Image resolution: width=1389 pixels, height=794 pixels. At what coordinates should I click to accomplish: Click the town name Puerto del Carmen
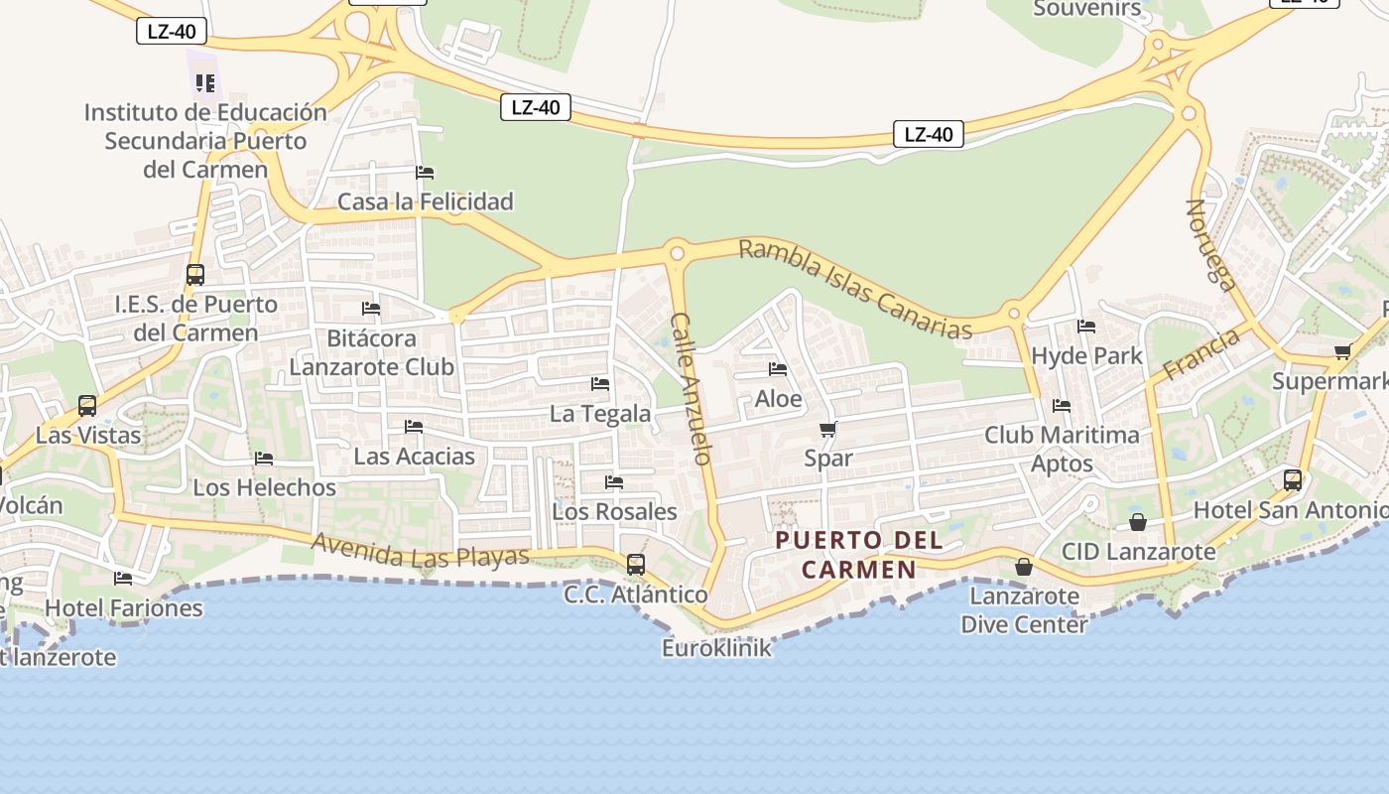(x=859, y=555)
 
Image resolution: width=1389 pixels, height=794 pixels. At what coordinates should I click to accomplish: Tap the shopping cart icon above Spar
(x=827, y=430)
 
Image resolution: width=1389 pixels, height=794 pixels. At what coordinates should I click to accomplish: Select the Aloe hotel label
(x=778, y=399)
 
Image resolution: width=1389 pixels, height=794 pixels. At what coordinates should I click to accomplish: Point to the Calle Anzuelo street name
(x=692, y=389)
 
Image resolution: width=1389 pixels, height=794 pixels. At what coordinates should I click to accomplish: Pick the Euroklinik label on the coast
(x=716, y=648)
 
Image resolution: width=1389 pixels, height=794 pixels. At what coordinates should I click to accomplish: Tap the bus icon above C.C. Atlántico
(x=636, y=565)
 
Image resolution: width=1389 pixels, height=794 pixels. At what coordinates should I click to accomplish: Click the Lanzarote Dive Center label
(x=1024, y=610)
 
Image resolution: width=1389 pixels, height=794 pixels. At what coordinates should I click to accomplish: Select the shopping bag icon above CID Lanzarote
(x=1138, y=522)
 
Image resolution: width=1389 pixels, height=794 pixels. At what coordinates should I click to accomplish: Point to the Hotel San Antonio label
(x=1290, y=510)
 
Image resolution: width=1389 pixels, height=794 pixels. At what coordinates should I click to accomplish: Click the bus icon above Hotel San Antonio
(x=1293, y=480)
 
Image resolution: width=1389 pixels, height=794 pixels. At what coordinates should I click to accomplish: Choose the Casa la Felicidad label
(x=426, y=201)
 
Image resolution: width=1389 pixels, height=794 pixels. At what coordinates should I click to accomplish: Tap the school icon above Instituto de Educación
(x=205, y=82)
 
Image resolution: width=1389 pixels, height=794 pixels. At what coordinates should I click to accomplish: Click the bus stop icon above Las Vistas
(x=87, y=405)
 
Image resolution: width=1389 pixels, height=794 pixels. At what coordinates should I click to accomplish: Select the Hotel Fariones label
(x=124, y=607)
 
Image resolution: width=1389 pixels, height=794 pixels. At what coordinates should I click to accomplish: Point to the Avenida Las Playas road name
(x=420, y=550)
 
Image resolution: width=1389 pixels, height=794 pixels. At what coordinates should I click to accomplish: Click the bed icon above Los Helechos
(x=264, y=459)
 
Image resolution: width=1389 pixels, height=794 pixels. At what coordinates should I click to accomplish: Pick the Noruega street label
(x=1212, y=245)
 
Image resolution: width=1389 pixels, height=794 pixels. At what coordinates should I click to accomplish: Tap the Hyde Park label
(x=1086, y=355)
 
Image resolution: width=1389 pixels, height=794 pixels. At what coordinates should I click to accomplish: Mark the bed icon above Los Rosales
(x=614, y=482)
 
